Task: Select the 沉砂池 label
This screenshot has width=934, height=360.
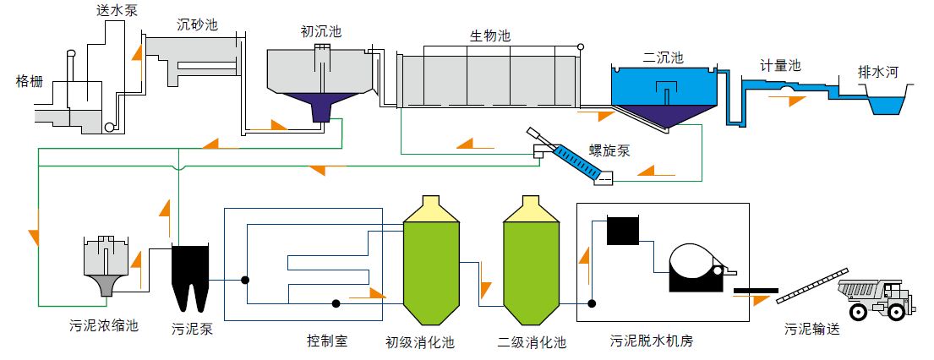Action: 197,25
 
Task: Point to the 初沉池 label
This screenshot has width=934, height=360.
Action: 321,32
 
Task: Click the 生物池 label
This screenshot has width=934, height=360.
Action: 490,36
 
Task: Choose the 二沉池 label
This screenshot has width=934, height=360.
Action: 663,57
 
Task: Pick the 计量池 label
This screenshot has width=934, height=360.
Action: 780,66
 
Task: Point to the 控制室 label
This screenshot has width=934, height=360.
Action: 327,341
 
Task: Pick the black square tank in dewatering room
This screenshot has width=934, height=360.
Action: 624,230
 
